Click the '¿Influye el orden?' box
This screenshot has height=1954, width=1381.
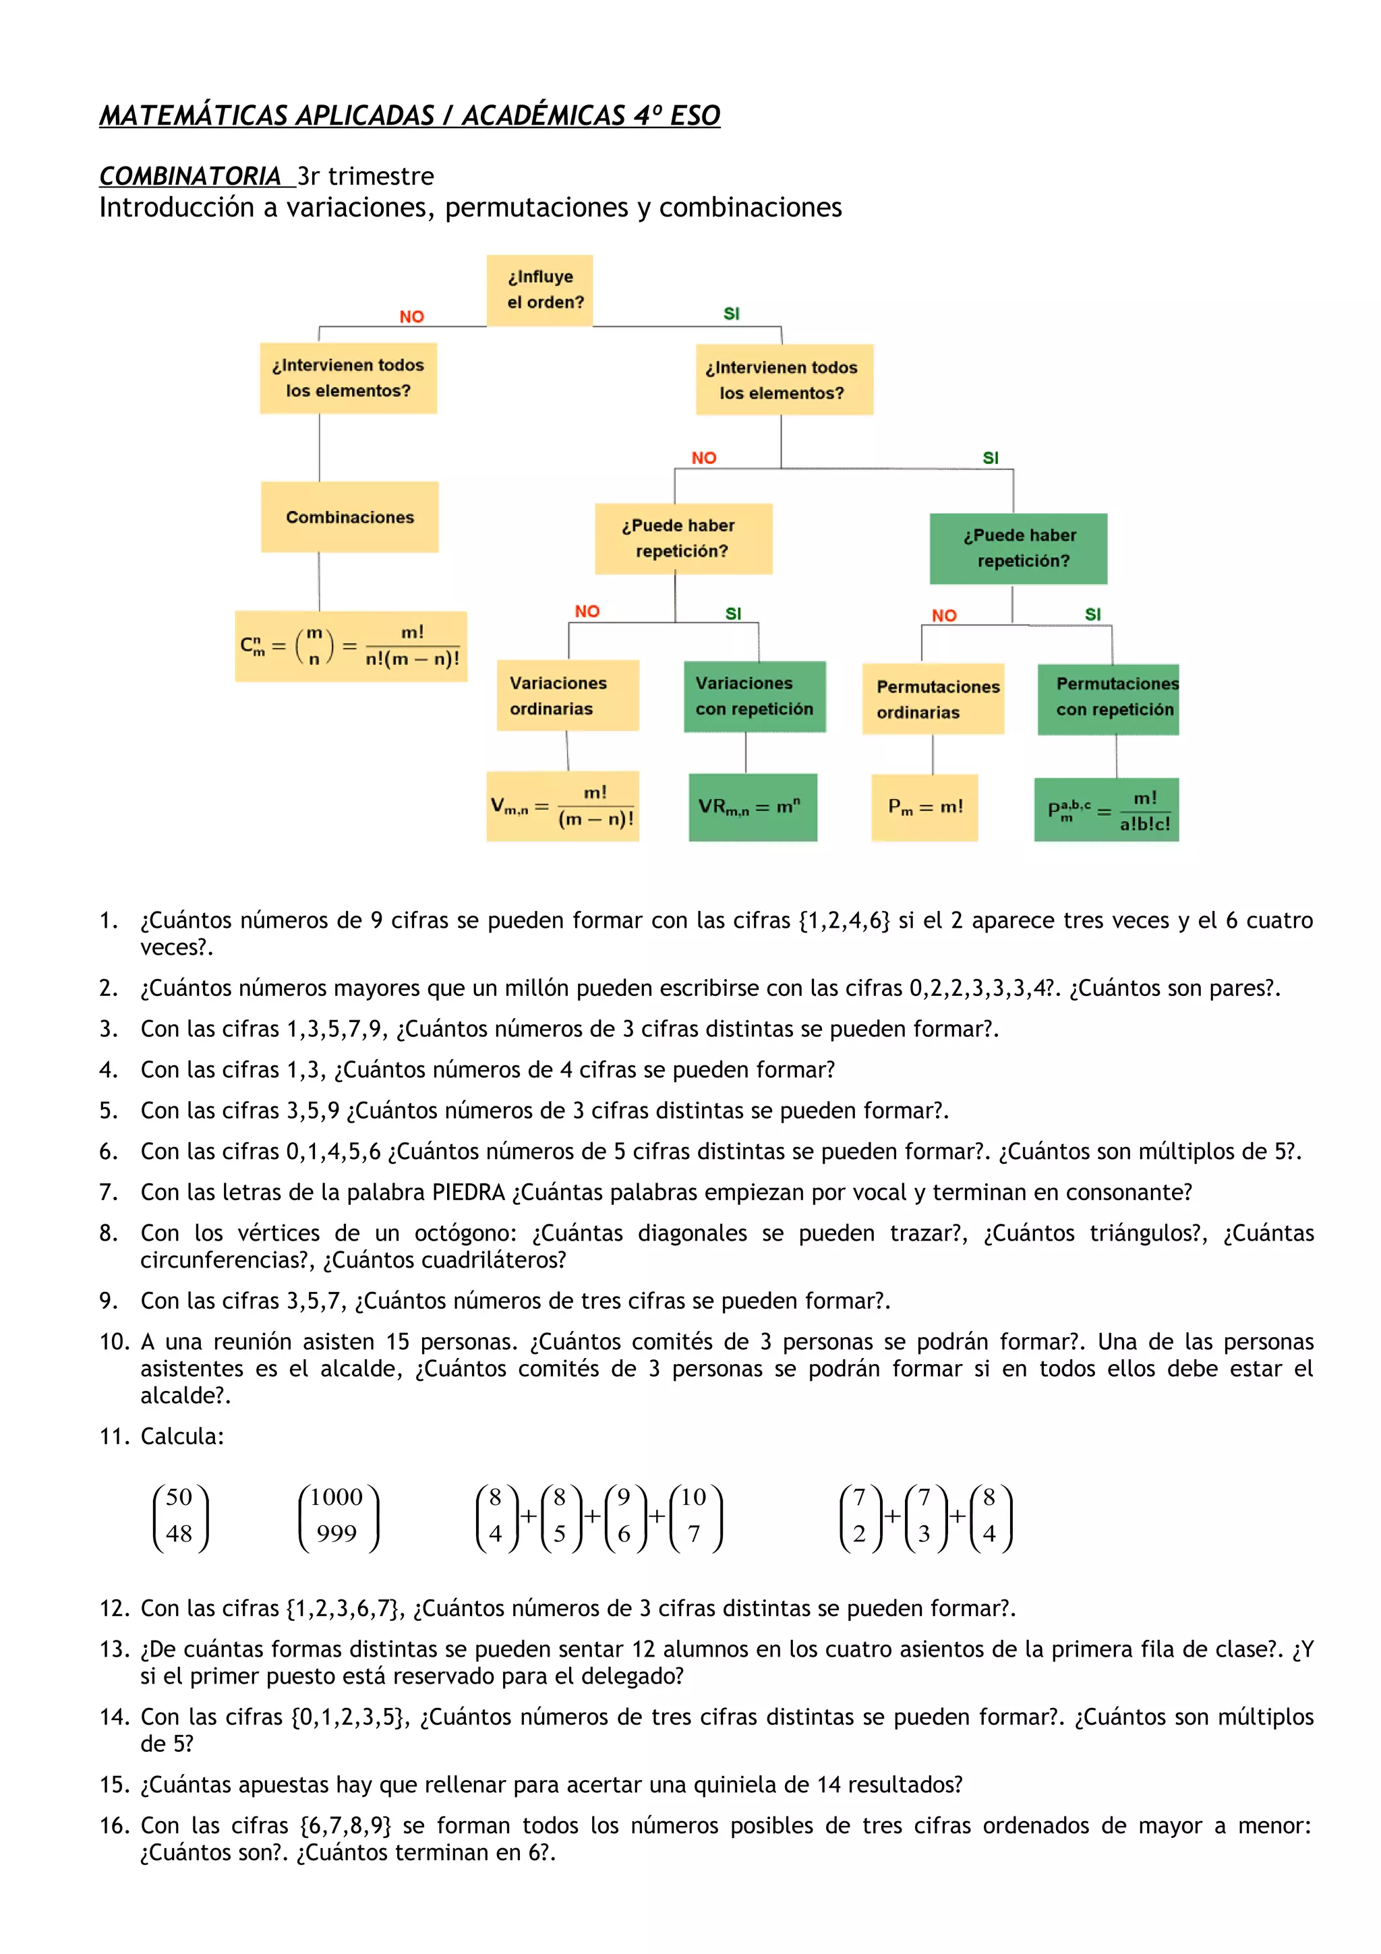click(x=539, y=290)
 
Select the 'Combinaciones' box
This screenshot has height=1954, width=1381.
click(x=350, y=517)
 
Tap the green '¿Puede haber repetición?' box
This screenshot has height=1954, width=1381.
click(x=1018, y=549)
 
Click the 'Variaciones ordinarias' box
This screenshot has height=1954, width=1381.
click(x=568, y=695)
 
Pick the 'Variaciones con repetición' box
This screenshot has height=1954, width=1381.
click(x=755, y=696)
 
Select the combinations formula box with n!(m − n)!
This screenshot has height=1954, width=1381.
click(x=351, y=646)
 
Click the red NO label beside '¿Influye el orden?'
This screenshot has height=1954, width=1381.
click(x=412, y=317)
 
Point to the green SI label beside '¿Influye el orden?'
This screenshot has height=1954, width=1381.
click(x=732, y=314)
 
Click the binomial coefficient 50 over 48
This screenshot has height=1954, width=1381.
click(x=179, y=1516)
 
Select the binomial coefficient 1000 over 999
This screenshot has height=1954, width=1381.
click(x=338, y=1516)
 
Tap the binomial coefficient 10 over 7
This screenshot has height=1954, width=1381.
click(x=695, y=1516)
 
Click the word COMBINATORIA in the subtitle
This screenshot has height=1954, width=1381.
click(x=189, y=176)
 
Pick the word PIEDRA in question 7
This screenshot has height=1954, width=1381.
click(x=468, y=1192)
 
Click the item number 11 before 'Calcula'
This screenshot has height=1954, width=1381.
click(x=113, y=1437)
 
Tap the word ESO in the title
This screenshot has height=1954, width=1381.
click(x=695, y=115)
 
